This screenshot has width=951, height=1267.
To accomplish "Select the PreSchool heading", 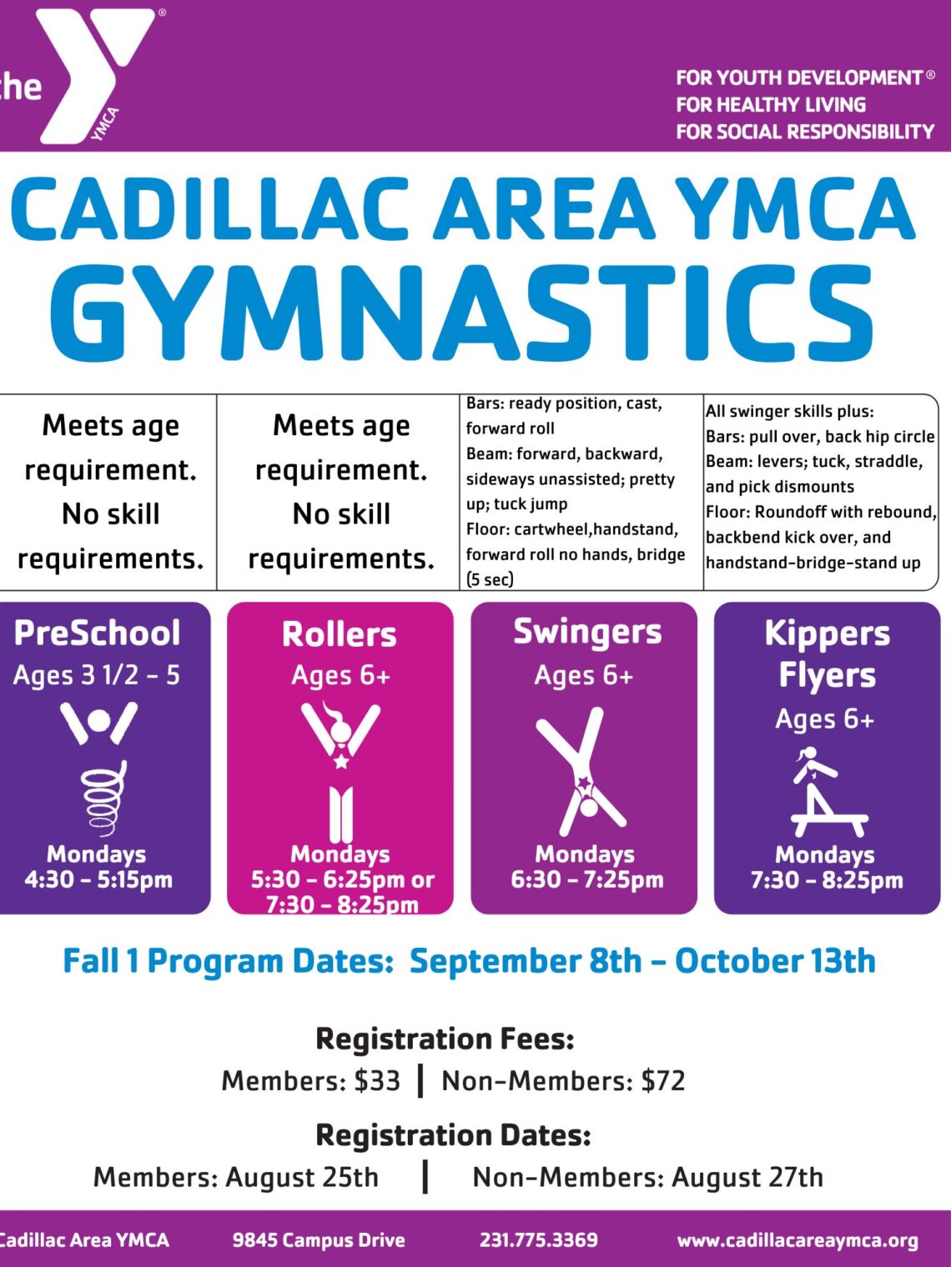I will point(97,633).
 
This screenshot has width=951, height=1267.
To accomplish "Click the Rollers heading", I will point(340,634).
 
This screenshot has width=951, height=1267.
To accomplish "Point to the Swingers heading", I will point(587,632).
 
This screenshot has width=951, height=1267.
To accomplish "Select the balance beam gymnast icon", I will point(826,792).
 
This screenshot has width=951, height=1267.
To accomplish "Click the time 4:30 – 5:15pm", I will point(98,879).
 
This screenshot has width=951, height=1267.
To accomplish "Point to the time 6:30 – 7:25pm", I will point(587,879).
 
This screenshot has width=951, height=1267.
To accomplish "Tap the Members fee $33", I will point(377,1080).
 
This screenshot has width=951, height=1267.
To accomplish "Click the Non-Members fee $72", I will point(663,1080).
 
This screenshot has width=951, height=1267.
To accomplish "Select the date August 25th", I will point(302,1177).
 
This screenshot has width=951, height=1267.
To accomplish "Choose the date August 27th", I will point(747,1177).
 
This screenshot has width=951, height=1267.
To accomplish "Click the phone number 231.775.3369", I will point(539,1239).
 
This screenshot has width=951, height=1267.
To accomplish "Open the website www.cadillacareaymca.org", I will point(798,1240).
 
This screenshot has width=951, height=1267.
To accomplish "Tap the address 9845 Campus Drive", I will point(319,1239).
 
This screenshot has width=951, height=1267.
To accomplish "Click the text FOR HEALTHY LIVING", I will point(771,105).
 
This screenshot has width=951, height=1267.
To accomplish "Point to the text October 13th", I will point(775,961).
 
